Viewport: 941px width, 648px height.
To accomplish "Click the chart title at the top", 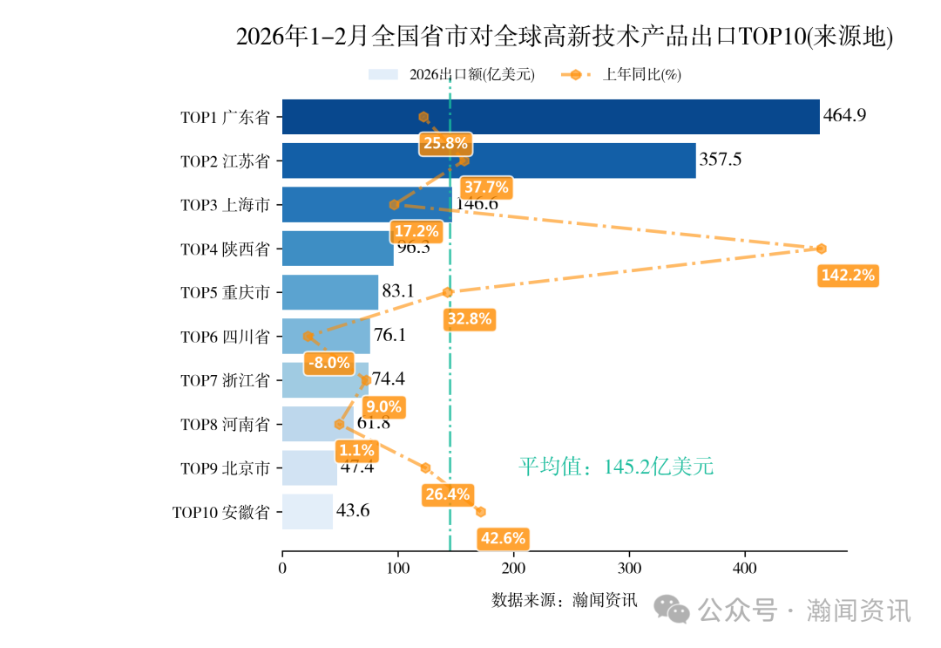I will [x=565, y=37].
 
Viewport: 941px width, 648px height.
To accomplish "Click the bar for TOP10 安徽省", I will [x=308, y=511].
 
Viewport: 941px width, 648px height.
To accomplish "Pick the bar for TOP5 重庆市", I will [x=330, y=292].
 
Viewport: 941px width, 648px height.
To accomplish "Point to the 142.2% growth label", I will [x=848, y=276].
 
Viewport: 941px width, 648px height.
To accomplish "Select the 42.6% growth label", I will [x=503, y=538].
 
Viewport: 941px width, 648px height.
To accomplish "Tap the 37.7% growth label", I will [x=486, y=188].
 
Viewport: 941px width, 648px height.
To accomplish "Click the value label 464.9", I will [x=844, y=115].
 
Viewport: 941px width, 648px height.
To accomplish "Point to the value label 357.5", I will [x=721, y=160].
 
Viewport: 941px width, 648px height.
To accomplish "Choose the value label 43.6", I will [x=353, y=511].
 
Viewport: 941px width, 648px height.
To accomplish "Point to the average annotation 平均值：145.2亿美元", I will [x=616, y=467].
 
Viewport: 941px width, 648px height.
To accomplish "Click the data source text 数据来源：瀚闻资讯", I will [x=565, y=600].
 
